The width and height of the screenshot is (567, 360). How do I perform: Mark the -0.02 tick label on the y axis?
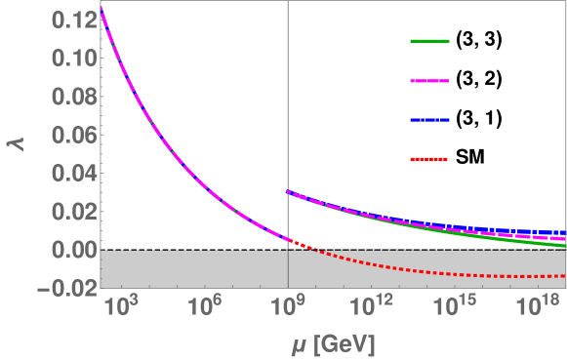(x=65, y=289)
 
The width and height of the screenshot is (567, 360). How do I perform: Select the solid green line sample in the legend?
(x=428, y=42)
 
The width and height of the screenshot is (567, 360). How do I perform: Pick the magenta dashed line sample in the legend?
(x=428, y=80)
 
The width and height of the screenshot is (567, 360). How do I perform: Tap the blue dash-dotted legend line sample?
(x=428, y=119)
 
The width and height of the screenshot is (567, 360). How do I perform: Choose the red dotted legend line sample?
(x=428, y=157)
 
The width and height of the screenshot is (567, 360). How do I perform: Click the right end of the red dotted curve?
(x=563, y=276)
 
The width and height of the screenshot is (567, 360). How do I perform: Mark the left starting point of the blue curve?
(x=287, y=192)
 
